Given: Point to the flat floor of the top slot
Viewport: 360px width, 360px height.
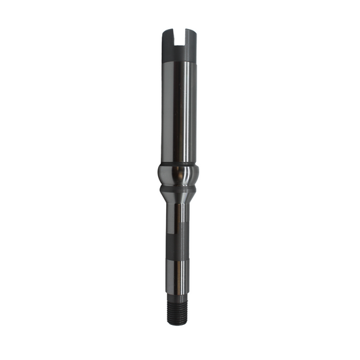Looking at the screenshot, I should (180, 45).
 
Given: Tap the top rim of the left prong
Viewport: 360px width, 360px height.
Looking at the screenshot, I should (169, 29).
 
